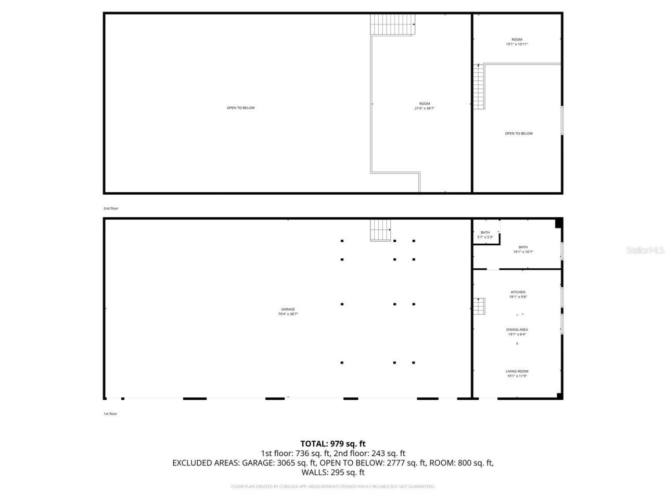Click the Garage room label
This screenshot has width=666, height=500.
288,309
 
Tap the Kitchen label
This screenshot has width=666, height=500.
517,292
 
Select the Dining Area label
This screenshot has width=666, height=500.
517,330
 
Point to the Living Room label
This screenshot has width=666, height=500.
517,371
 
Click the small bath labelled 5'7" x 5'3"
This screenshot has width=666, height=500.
485,235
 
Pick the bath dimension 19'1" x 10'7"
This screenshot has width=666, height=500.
523,252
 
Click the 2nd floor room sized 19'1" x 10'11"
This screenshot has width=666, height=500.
517,42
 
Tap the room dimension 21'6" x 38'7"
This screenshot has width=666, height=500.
425,108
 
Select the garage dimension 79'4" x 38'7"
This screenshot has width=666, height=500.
288,314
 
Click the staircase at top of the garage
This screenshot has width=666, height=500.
380,230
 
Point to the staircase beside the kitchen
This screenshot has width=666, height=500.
479,306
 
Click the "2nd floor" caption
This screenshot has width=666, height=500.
111,208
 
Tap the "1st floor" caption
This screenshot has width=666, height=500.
110,414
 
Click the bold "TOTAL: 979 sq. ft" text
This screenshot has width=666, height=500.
333,444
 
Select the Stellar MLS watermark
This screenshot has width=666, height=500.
645,251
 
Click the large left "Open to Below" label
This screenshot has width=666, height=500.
241,108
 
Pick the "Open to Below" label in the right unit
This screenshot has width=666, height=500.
519,133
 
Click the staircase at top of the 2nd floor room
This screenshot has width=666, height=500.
393,24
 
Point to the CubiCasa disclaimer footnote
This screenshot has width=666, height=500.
333,486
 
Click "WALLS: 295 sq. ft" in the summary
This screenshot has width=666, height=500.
333,472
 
